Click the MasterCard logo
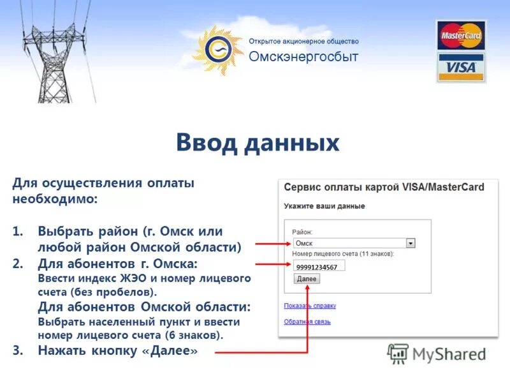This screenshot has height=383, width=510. pos(460,35)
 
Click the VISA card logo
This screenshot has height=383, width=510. pos(460,67)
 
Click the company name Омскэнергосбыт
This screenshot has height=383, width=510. pos(303,57)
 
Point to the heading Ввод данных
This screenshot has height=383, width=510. pos(258,142)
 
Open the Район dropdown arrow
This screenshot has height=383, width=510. pos(411,243)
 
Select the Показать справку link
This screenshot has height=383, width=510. pos(310,306)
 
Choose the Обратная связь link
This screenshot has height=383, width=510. pos(307,322)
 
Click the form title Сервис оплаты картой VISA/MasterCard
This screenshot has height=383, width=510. pos(384,188)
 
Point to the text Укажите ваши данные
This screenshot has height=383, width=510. pos(324,206)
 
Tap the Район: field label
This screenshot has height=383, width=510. pos(302,232)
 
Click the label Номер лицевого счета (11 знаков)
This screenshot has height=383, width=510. pos(343,254)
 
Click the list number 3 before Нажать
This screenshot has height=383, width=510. pos(17,350)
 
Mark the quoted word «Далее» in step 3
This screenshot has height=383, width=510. pos(173,350)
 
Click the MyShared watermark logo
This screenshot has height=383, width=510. pos(437,354)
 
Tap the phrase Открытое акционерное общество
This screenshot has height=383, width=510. pos(303,41)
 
